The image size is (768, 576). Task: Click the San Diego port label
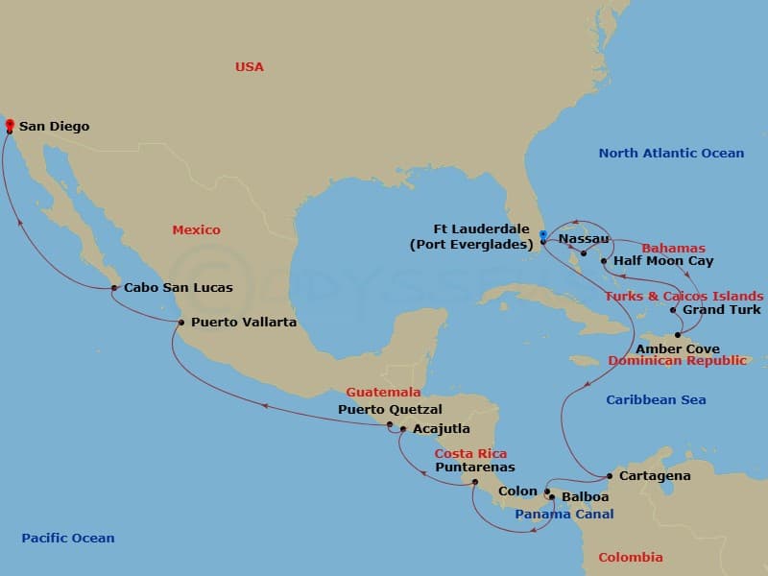point(54,126)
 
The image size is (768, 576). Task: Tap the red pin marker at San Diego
point(10,124)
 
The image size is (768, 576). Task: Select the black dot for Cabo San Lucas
point(114,288)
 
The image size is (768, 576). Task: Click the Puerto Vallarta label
point(243,323)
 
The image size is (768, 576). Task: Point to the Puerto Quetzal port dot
point(390,424)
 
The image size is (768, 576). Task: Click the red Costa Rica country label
point(470,453)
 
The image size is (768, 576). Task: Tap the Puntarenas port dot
point(475,482)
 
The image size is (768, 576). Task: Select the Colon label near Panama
point(517,492)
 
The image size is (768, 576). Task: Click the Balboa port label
point(585,497)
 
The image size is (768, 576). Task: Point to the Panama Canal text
point(564,515)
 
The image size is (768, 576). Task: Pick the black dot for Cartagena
point(610,476)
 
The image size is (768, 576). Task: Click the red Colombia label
point(630,557)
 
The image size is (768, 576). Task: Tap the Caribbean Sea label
point(656,399)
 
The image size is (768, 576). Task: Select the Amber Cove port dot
point(678,335)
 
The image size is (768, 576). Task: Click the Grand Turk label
point(721,310)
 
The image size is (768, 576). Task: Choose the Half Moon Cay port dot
point(603,261)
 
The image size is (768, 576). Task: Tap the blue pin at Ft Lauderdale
point(543,233)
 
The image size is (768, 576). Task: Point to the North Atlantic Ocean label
point(671,154)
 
